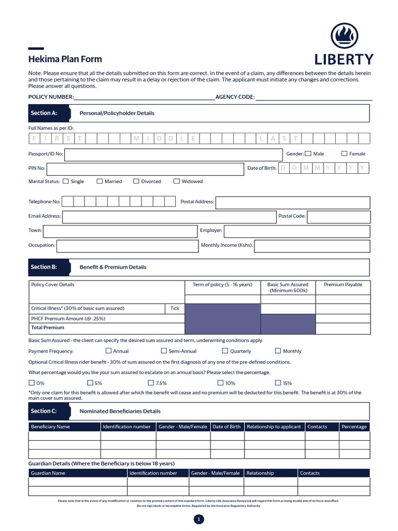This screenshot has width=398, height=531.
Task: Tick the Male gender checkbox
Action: click(x=308, y=153)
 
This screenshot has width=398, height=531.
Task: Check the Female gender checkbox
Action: click(x=345, y=153)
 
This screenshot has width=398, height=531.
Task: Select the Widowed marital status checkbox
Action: click(x=177, y=181)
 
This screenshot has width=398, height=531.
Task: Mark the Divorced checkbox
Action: click(x=136, y=181)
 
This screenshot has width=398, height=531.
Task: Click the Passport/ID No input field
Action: click(x=173, y=154)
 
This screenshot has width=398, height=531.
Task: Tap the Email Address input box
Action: click(x=169, y=216)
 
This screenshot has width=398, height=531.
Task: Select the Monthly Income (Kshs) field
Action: click(x=312, y=245)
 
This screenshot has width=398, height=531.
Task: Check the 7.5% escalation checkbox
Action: click(x=151, y=383)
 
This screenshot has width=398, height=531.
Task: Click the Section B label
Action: click(x=44, y=267)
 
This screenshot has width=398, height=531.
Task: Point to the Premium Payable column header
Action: click(x=343, y=285)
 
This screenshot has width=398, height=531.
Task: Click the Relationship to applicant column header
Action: click(x=274, y=427)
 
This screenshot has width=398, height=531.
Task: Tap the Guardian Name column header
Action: click(x=48, y=473)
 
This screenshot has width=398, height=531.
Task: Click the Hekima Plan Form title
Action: click(x=65, y=59)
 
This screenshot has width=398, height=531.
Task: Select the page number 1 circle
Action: click(x=199, y=520)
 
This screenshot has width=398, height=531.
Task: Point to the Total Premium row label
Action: click(x=48, y=328)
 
